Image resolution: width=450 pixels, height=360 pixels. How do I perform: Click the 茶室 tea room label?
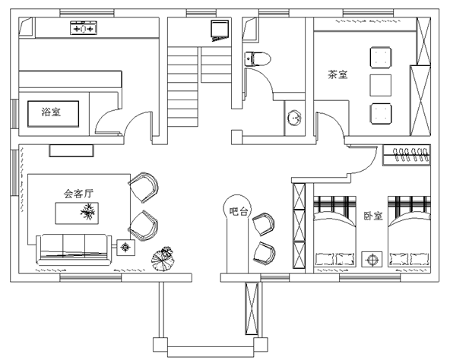[337, 74]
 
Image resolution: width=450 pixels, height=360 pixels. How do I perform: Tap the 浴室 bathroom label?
[51, 112]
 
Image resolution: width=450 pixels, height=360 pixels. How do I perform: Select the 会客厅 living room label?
[78, 194]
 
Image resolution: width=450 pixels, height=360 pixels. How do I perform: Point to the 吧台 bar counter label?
[238, 211]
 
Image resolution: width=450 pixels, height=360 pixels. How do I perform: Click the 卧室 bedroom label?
[373, 216]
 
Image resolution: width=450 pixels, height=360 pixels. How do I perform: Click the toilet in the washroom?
[258, 59]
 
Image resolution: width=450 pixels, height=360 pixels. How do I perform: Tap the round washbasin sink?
[295, 118]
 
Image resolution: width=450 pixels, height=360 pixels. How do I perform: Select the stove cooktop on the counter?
[84, 28]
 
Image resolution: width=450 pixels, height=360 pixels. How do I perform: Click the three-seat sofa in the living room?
[74, 250]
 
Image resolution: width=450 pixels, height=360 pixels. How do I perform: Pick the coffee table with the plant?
[77, 213]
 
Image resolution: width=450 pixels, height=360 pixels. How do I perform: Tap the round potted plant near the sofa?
[163, 258]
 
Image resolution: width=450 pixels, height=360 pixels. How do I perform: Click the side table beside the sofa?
[125, 248]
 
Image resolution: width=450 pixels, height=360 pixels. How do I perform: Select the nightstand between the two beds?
[372, 259]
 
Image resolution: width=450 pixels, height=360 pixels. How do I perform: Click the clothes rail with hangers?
[407, 155]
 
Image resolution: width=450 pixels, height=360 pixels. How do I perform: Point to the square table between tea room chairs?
[380, 85]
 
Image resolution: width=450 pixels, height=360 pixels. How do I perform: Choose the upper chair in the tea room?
[381, 58]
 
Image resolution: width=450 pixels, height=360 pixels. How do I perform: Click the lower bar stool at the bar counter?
[264, 253]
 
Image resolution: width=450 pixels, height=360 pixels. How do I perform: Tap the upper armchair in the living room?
[144, 188]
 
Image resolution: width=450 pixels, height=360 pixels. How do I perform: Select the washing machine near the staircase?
[220, 30]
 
